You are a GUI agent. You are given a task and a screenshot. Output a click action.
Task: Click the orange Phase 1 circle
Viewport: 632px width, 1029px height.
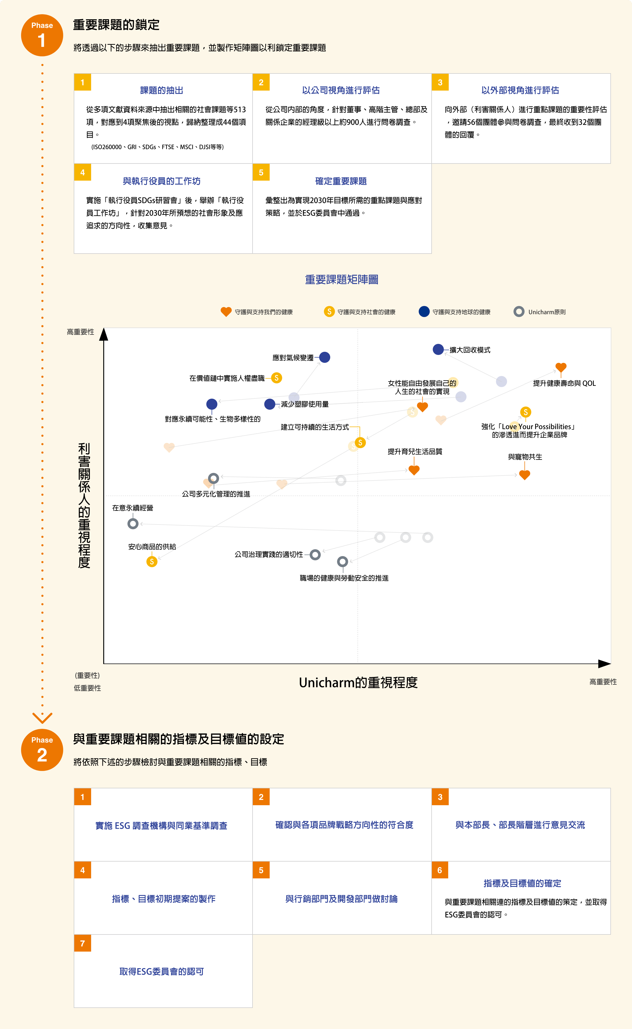42,36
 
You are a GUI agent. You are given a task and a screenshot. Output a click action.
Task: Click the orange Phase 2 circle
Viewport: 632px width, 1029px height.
42,750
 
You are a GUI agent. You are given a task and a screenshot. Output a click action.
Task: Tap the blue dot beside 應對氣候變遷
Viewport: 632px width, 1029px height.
325,357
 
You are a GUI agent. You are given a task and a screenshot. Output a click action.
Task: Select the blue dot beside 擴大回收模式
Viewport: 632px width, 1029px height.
438,349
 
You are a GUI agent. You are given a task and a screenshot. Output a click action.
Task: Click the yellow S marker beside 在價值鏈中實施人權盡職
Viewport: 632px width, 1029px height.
276,378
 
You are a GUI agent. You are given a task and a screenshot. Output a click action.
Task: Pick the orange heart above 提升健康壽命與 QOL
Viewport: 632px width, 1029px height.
561,367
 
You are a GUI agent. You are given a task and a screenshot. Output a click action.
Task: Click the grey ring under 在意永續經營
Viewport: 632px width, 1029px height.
133,524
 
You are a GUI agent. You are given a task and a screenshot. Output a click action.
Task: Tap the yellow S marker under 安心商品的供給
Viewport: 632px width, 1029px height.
152,562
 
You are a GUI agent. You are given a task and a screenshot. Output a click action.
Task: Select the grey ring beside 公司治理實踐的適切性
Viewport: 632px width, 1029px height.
315,555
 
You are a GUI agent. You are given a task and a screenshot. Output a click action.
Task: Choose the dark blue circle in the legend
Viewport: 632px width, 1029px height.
424,312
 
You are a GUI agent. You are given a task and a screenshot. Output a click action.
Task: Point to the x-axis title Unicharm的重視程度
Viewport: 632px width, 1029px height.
358,682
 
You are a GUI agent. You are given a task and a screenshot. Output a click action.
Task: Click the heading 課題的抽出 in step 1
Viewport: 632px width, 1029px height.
162,90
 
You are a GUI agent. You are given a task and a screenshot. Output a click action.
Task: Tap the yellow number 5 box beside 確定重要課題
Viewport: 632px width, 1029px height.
261,172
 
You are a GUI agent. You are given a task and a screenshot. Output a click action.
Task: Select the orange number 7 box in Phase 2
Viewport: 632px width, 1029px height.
83,943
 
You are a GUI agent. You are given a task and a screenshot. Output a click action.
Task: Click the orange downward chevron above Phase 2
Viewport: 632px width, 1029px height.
42,718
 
